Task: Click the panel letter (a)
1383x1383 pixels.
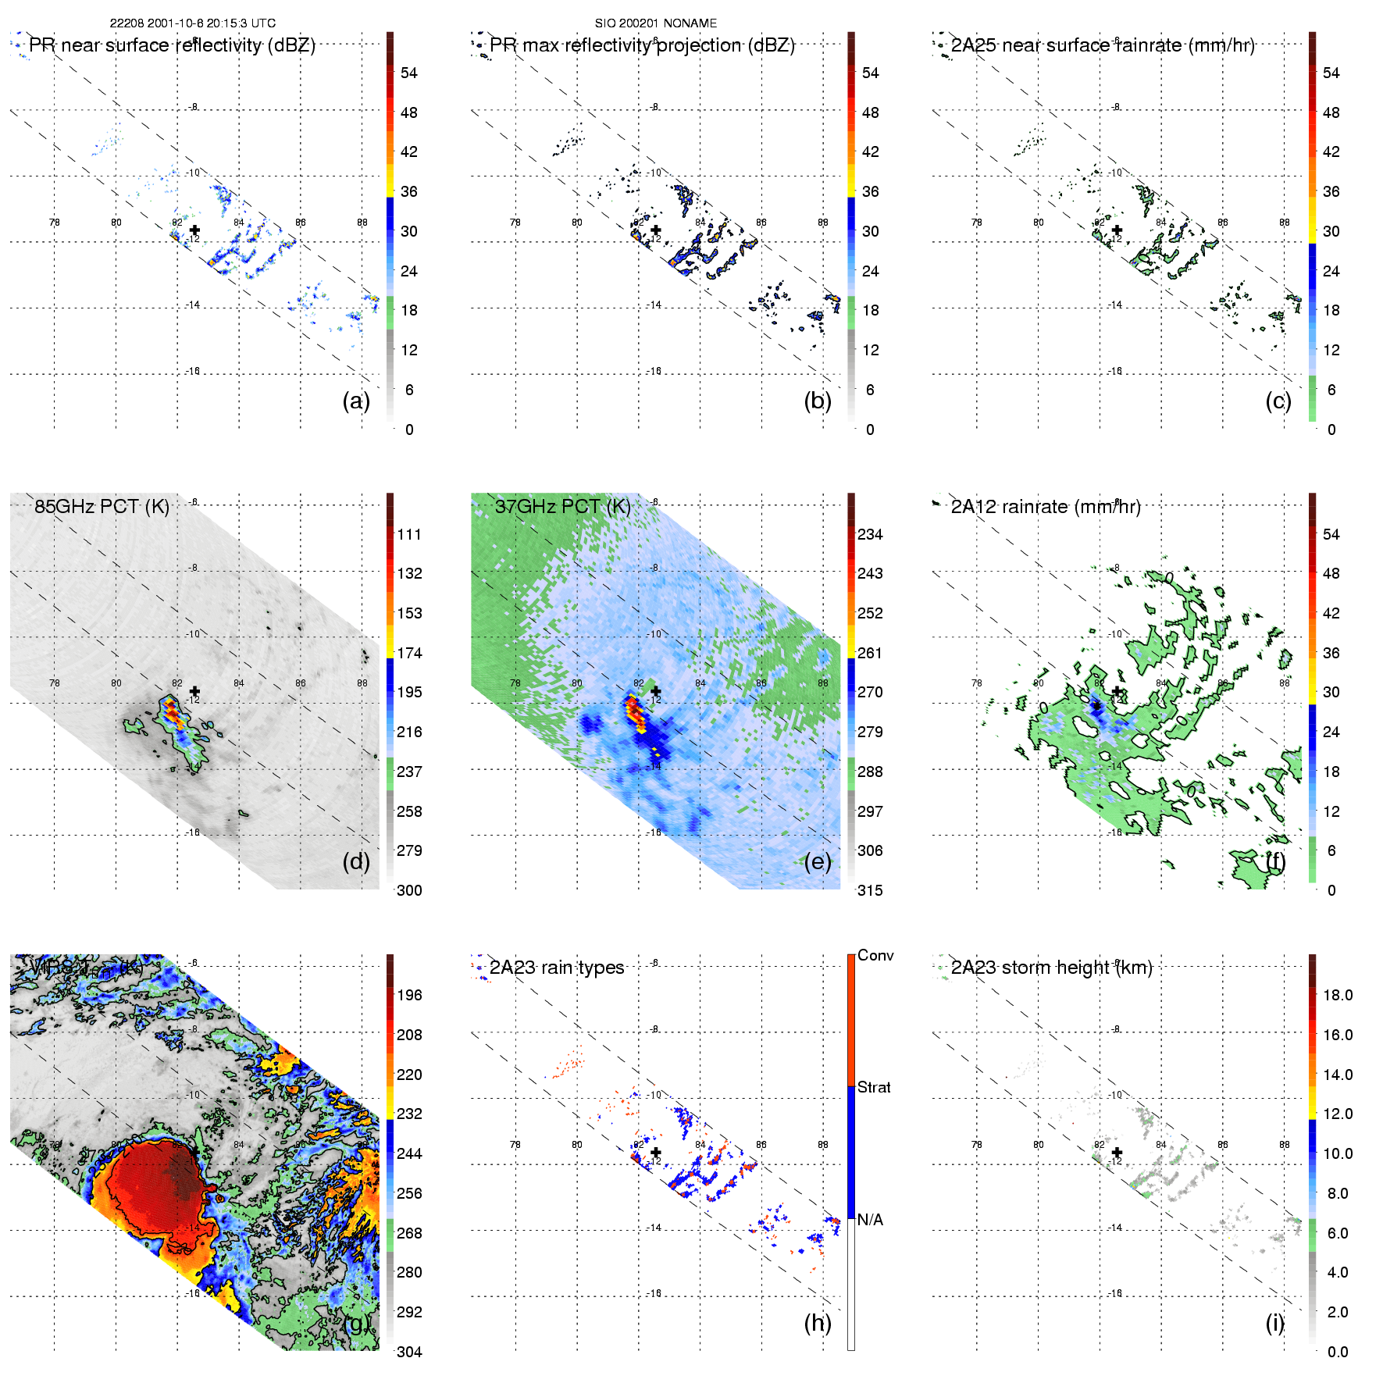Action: coord(355,401)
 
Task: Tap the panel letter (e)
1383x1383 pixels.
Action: coord(817,861)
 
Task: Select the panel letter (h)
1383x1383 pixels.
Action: coord(817,1323)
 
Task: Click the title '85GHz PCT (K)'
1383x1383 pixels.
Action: coord(102,506)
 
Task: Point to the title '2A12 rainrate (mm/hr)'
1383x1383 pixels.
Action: coord(1046,506)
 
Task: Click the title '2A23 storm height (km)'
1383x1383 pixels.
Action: coord(1051,968)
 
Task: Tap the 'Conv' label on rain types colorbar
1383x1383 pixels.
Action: coord(875,955)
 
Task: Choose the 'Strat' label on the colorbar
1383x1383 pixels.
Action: coord(874,1087)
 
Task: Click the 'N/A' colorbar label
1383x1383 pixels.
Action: coord(870,1220)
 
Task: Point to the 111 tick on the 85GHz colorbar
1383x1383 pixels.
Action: coord(409,534)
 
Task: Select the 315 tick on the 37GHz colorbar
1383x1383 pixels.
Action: coord(870,890)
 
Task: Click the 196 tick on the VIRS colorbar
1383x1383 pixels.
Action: coord(409,995)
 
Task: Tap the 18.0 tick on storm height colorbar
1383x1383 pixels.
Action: coord(1338,995)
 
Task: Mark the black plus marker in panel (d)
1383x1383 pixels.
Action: coord(194,691)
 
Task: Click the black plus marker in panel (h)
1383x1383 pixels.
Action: coord(656,1152)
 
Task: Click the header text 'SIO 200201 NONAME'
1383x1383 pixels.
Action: coord(656,23)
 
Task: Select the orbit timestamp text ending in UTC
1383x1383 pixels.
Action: coord(192,23)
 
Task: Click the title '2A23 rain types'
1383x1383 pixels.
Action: coord(557,968)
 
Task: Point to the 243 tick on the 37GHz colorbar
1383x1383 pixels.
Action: coord(870,573)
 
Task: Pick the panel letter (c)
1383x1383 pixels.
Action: coord(1278,401)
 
